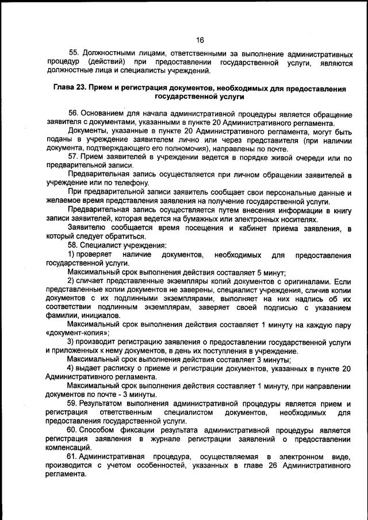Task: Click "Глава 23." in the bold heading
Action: pyautogui.click(x=71, y=89)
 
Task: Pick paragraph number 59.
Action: pyautogui.click(x=74, y=404)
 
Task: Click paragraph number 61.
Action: pyautogui.click(x=74, y=456)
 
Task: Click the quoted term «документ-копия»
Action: pyautogui.click(x=76, y=333)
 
